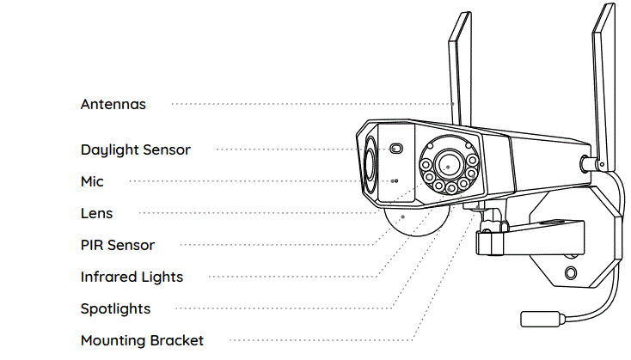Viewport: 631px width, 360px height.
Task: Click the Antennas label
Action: (113, 104)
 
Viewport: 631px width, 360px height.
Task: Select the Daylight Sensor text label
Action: (135, 149)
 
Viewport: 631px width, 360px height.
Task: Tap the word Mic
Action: (92, 181)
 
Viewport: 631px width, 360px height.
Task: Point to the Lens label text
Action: (96, 213)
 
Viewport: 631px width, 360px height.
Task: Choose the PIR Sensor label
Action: (118, 245)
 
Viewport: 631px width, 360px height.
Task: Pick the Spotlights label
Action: (115, 308)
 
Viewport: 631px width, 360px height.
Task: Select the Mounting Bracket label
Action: (142, 340)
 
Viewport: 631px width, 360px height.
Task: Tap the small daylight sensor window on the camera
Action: (396, 148)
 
